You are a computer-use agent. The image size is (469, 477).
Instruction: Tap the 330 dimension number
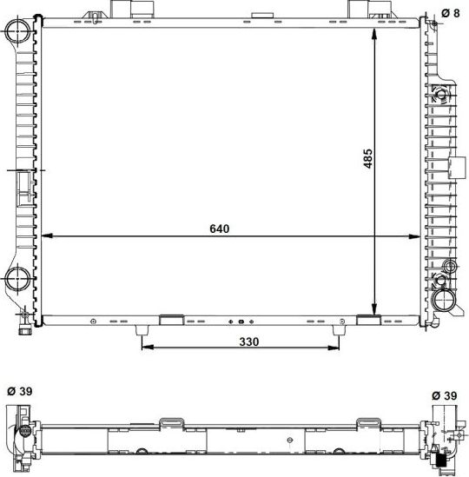pyautogui.click(x=249, y=342)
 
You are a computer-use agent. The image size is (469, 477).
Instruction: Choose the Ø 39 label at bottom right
pyautogui.click(x=446, y=396)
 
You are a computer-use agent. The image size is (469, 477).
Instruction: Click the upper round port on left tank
pyautogui.click(x=18, y=34)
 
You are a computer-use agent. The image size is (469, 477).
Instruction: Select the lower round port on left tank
pyautogui.click(x=18, y=280)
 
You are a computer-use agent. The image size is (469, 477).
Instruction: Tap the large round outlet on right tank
pyautogui.click(x=446, y=301)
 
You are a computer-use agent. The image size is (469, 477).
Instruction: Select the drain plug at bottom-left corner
pyautogui.click(x=26, y=328)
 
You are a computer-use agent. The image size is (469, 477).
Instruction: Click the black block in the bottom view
pyautogui.click(x=442, y=458)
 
